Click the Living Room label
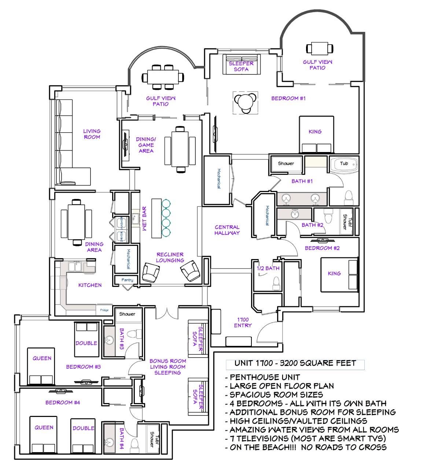(x=91, y=134)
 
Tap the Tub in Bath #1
(x=344, y=165)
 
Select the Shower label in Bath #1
(x=286, y=163)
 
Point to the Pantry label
(x=127, y=280)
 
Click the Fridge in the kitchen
(x=104, y=310)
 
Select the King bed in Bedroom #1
(x=315, y=134)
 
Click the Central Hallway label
(x=227, y=230)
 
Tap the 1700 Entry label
(x=243, y=322)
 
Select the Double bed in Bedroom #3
(x=87, y=339)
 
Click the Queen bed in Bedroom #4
(x=44, y=434)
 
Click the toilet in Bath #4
(x=135, y=444)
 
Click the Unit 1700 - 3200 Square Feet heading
(x=295, y=363)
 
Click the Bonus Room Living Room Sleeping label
(x=168, y=366)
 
